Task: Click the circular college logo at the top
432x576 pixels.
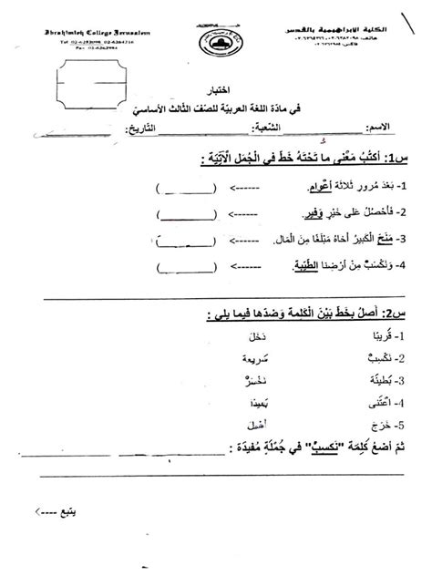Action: tap(215, 40)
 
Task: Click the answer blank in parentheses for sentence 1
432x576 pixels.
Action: tap(186, 190)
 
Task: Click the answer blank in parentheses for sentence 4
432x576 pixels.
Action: tap(186, 268)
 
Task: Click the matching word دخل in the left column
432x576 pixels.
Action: tap(256, 335)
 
